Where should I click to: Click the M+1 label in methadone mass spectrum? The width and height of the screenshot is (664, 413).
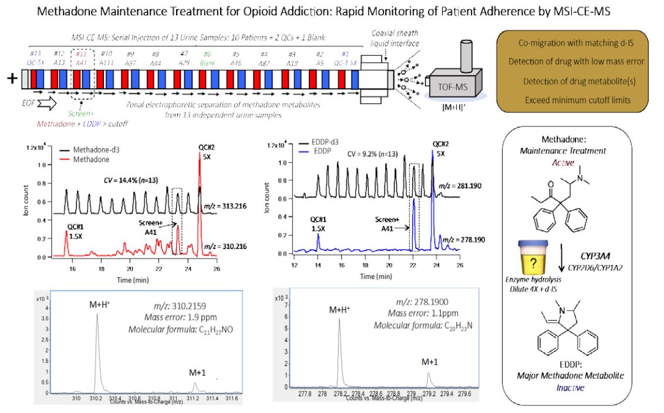pyautogui.click(x=196, y=371)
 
